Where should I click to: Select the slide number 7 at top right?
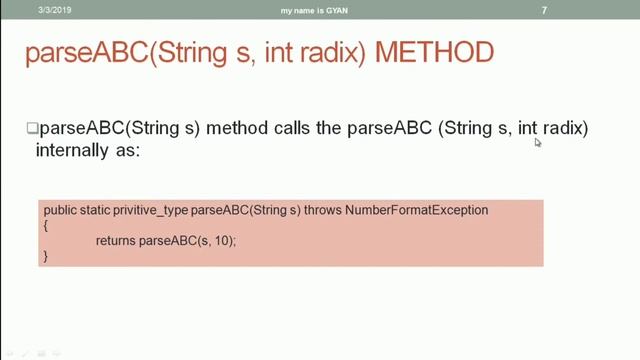click(x=543, y=10)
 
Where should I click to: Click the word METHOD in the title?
click(x=435, y=52)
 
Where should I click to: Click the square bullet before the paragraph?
click(x=31, y=129)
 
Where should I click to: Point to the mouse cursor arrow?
click(x=537, y=142)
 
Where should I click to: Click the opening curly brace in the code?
click(x=45, y=226)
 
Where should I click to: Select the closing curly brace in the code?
click(x=45, y=256)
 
